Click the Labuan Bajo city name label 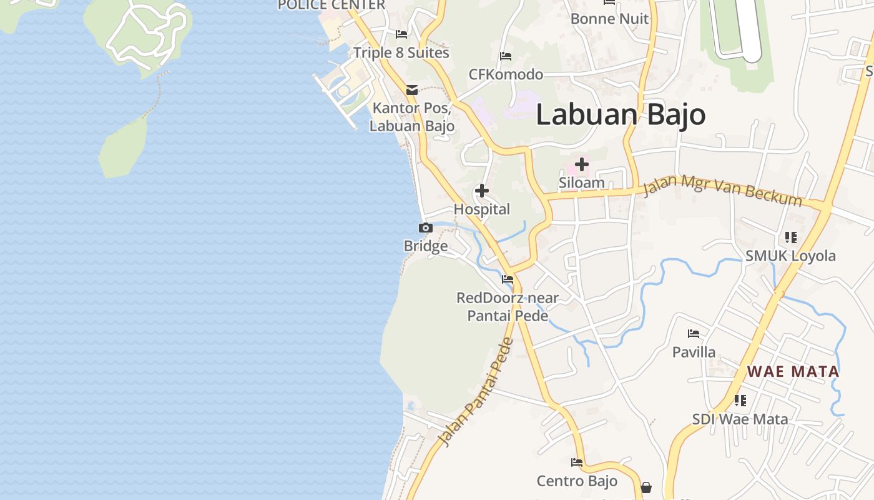(x=621, y=115)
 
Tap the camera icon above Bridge (x=426, y=228)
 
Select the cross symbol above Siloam (x=582, y=165)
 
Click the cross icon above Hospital (x=482, y=191)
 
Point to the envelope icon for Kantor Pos (x=412, y=90)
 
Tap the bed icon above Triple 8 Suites (x=401, y=34)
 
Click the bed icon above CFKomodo (x=506, y=57)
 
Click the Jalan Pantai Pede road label (x=476, y=392)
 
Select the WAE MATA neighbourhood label (x=793, y=371)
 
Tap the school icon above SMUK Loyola (x=791, y=237)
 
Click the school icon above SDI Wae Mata (x=740, y=400)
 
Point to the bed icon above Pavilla (x=694, y=334)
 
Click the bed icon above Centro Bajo (x=577, y=462)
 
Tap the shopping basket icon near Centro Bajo (x=646, y=487)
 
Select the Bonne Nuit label (x=610, y=19)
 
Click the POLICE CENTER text (x=331, y=5)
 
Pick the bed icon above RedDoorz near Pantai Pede (x=508, y=279)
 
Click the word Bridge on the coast (x=426, y=246)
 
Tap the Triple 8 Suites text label (x=401, y=53)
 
